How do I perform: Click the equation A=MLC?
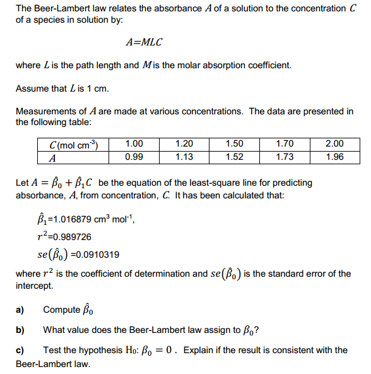tap(144, 42)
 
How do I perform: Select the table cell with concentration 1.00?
tap(134, 144)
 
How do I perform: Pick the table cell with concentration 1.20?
tap(184, 144)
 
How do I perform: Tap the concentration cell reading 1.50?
tap(234, 144)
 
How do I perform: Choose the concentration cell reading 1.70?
tap(285, 144)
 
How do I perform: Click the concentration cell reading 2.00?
tap(334, 144)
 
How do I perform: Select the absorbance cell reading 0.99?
tap(134, 157)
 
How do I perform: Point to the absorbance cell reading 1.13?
tap(184, 157)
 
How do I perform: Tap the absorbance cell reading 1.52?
tap(234, 157)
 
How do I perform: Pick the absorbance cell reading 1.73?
tap(285, 157)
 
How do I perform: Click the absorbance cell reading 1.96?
tap(334, 157)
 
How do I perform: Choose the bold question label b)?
tap(20, 330)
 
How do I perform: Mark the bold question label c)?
tap(20, 350)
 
